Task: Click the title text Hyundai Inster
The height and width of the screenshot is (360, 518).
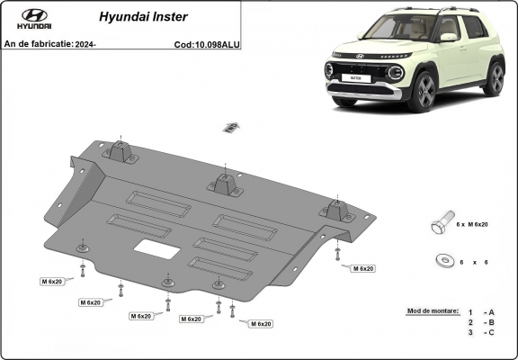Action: tap(136, 16)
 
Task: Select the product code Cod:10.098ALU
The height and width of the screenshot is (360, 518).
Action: tap(207, 43)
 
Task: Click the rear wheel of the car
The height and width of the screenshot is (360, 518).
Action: tap(494, 78)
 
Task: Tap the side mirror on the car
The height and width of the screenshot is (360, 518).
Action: tap(447, 38)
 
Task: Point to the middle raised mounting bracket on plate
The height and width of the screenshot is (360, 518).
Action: tap(224, 184)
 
